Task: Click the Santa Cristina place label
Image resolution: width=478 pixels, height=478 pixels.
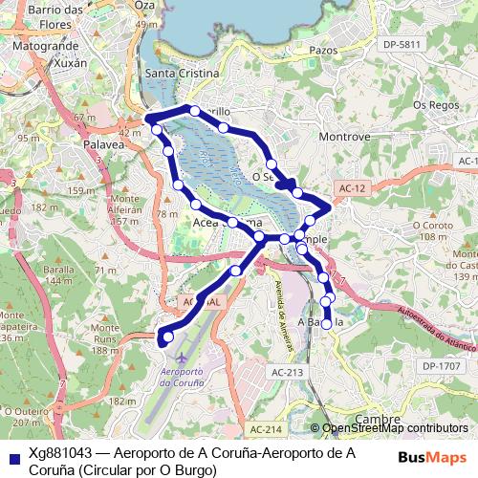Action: [x=182, y=74]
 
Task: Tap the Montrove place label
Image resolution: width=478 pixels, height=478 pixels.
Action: [x=344, y=138]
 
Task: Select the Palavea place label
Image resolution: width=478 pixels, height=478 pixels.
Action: [x=105, y=145]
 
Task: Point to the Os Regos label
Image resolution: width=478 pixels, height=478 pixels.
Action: [x=432, y=104]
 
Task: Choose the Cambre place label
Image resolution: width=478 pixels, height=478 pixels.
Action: [x=377, y=420]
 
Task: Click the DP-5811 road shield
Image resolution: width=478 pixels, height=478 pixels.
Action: [x=401, y=45]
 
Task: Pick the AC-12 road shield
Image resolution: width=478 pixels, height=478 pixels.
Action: [x=353, y=189]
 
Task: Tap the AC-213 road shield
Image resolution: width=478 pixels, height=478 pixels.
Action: [x=287, y=372]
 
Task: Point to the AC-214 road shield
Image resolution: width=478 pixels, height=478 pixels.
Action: [x=268, y=430]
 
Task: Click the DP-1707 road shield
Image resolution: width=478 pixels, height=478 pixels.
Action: [x=441, y=366]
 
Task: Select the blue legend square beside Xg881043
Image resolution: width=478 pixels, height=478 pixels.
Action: [x=11, y=453]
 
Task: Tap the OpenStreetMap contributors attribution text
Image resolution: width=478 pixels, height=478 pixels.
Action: [x=394, y=428]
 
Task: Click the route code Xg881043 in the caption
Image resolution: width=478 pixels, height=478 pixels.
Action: [x=60, y=453]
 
